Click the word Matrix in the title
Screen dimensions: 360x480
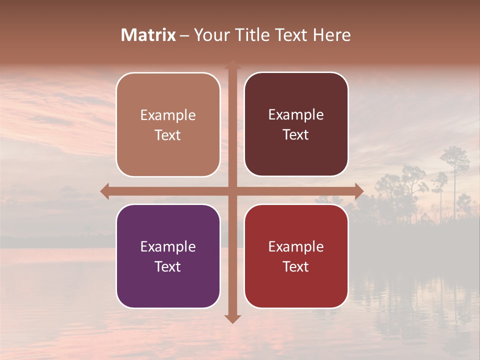pyautogui.click(x=148, y=35)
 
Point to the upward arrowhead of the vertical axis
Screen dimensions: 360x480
pyautogui.click(x=232, y=64)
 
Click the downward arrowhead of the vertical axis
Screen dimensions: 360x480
pyautogui.click(x=232, y=319)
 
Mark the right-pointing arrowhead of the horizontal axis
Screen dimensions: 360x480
pyautogui.click(x=359, y=191)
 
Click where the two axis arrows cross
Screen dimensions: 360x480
pyautogui.click(x=232, y=191)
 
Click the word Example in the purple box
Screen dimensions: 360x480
pyautogui.click(x=168, y=246)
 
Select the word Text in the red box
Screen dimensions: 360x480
pyautogui.click(x=296, y=266)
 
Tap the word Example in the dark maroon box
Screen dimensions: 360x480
pyautogui.click(x=296, y=115)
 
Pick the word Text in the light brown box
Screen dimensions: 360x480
pyautogui.click(x=168, y=135)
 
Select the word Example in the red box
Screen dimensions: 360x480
pyautogui.click(x=296, y=246)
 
